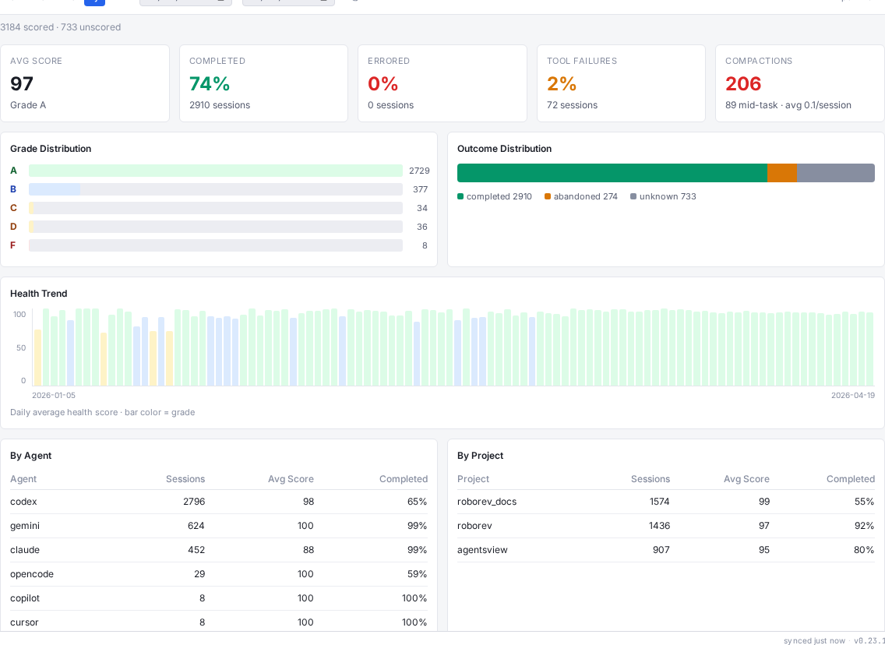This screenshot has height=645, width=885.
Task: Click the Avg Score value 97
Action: coord(22,83)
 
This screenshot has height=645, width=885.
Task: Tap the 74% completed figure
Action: coord(210,83)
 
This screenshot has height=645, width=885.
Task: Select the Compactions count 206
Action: coord(743,83)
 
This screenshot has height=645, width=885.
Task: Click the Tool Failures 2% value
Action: coord(561,83)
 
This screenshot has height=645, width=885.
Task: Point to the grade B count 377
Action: coord(420,189)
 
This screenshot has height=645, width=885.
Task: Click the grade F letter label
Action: coord(13,245)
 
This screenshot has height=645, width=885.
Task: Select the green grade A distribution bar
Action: coord(215,171)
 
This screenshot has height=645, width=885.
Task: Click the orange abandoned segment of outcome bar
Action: coord(781,173)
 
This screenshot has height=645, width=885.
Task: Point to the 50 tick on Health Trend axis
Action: coord(21,347)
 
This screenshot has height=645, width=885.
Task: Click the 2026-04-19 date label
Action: coord(852,395)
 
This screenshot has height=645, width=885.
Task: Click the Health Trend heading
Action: coord(39,294)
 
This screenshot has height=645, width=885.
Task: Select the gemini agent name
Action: coord(25,526)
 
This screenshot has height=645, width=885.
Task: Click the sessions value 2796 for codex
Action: coord(194,502)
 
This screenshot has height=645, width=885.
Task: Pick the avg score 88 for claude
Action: coord(308,550)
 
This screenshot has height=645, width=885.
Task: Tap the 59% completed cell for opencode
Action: coord(417,574)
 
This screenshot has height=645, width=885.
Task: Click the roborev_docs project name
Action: coord(487,502)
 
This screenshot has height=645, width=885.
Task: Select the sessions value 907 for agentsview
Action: coord(661,550)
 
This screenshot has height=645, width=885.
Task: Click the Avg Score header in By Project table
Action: coord(746,479)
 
